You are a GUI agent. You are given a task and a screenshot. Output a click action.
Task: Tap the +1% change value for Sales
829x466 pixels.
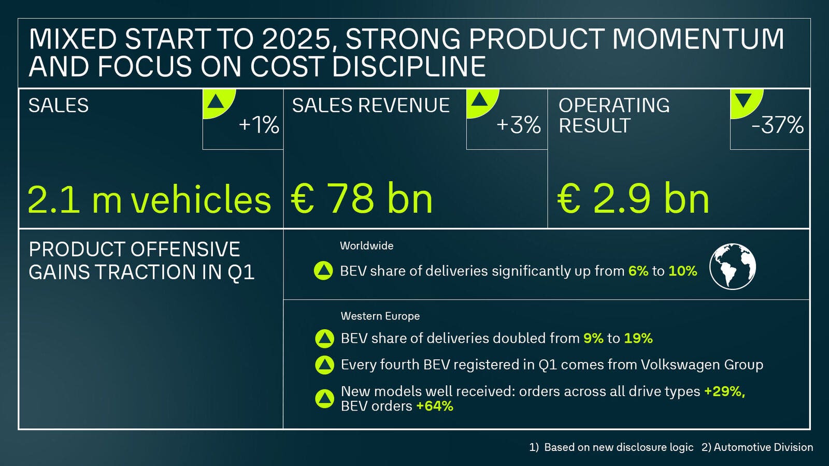point(259,125)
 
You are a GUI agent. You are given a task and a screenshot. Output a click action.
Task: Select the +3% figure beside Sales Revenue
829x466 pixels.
point(518,125)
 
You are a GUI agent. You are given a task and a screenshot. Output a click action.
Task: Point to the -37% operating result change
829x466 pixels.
point(777,125)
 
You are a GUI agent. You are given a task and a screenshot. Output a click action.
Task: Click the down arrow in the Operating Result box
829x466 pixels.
point(744,100)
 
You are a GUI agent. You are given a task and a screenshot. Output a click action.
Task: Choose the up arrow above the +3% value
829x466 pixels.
point(479,99)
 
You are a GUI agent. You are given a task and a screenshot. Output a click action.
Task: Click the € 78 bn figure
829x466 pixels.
point(362,199)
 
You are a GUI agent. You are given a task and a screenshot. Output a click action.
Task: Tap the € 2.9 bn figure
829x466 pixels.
point(633,199)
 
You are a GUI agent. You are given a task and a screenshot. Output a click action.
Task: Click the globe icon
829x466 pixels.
point(732,266)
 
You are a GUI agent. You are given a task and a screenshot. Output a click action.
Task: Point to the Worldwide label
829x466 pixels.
point(366,246)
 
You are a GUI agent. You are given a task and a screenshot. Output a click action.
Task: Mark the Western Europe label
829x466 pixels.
point(380,316)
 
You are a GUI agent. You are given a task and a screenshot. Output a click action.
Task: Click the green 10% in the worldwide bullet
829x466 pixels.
point(682,271)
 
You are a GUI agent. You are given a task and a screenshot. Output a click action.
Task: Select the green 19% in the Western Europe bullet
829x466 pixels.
point(638,339)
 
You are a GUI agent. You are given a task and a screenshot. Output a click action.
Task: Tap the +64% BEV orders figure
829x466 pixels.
point(434,406)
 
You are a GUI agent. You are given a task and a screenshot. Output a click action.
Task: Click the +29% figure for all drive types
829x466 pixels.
point(724,391)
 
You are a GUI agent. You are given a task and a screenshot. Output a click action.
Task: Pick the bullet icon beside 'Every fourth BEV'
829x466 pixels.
point(324,365)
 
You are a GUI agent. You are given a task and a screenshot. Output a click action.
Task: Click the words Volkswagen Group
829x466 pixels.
point(702,365)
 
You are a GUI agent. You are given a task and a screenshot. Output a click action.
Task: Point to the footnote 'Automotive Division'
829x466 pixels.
point(763,447)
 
